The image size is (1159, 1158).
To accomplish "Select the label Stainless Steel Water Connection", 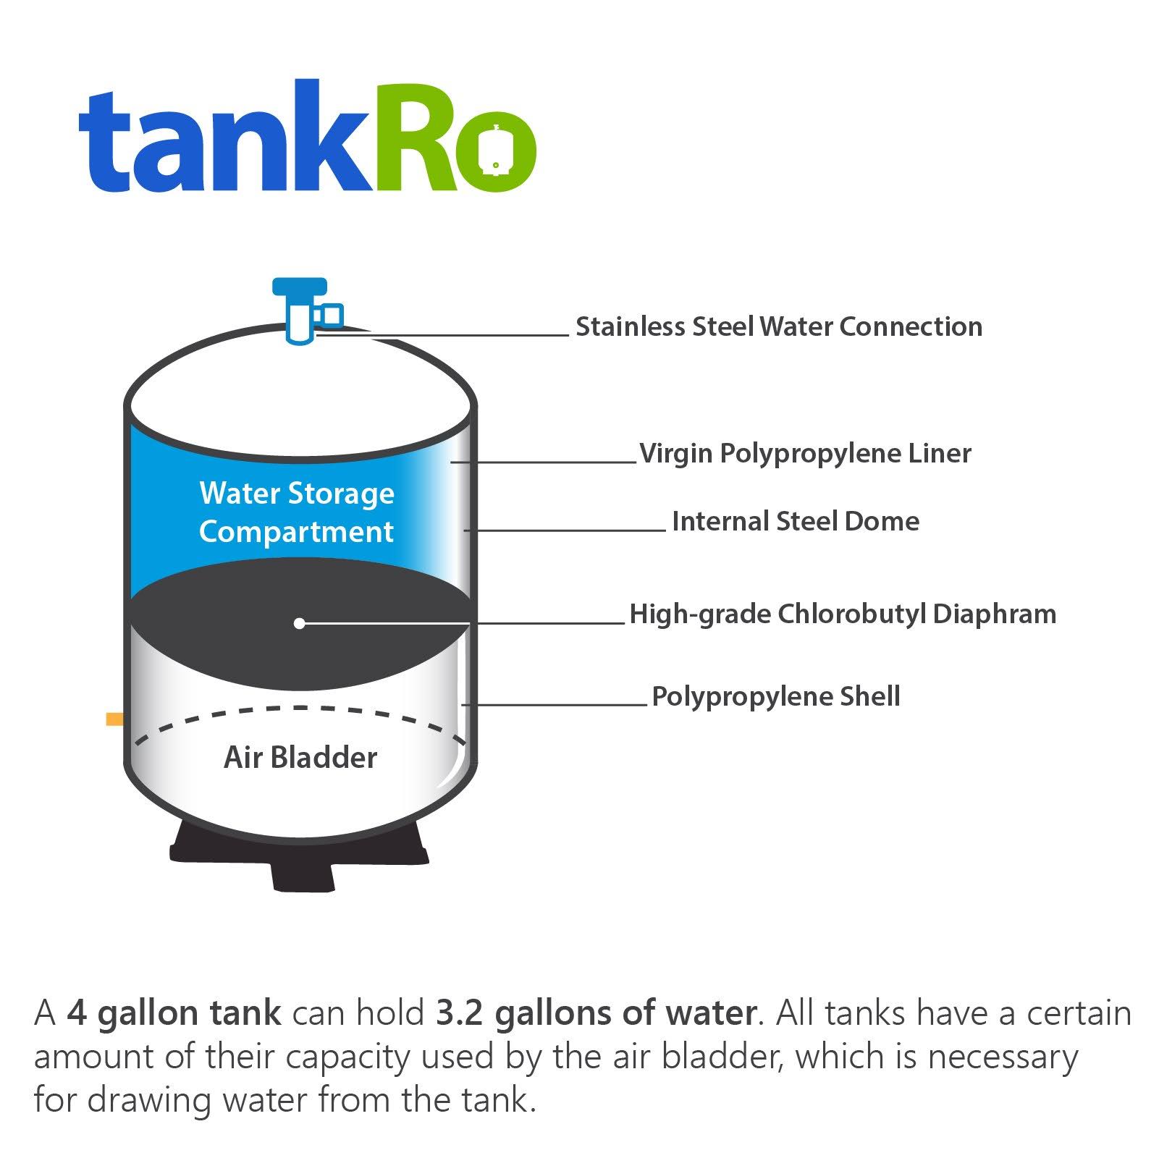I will click(x=779, y=327).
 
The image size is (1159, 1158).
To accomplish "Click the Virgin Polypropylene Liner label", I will click(x=805, y=454).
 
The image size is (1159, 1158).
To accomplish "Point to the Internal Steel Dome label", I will click(x=795, y=522).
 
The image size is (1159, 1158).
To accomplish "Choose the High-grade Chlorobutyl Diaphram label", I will click(x=843, y=614).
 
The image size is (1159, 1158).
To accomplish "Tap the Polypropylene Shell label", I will click(x=776, y=697).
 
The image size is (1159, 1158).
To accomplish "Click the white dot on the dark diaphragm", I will click(x=299, y=623).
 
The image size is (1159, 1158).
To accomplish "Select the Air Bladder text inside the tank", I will click(x=300, y=758).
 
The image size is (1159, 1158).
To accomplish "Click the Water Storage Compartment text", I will click(x=297, y=512).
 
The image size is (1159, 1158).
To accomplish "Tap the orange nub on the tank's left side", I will click(x=114, y=719).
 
